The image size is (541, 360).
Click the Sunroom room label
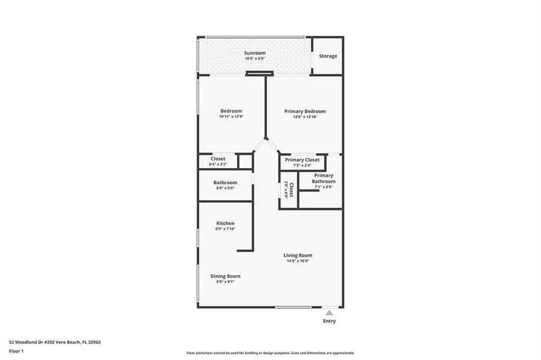coord(255,53)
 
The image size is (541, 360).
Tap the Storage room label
coord(328,56)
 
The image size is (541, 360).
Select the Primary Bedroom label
coord(305,111)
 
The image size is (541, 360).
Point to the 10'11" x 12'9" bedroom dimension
coord(231,117)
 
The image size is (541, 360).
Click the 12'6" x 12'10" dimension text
coord(305,117)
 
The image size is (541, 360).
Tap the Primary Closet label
coord(302,160)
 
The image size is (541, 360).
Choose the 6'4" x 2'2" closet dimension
coord(218,165)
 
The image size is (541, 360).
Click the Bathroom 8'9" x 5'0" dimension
coord(225,188)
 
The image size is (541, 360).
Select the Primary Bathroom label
coord(323,178)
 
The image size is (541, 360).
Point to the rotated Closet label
coord(291,190)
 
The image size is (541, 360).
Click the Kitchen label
coord(225,223)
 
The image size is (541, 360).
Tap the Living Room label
coord(298,255)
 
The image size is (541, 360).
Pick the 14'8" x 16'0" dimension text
coord(298,261)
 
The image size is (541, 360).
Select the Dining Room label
coord(225,276)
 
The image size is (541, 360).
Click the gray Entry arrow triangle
coord(329,313)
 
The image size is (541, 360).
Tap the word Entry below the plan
coord(329,321)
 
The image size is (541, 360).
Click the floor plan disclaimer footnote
coord(270,353)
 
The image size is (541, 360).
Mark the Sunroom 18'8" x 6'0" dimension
coord(255,59)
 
